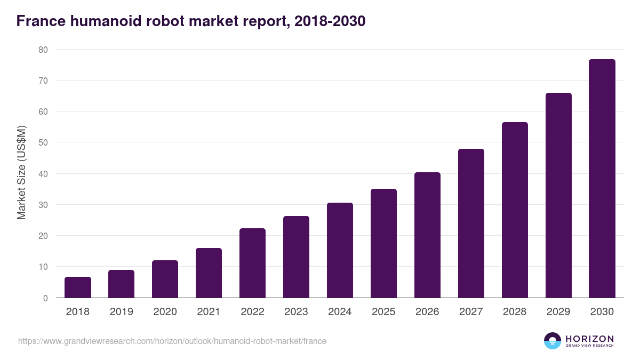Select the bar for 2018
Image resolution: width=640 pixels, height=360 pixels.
pyautogui.click(x=78, y=287)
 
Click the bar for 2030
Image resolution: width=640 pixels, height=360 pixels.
pyautogui.click(x=602, y=179)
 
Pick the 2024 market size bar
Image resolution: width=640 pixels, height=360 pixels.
pyautogui.click(x=340, y=250)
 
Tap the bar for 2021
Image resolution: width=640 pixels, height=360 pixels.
pyautogui.click(x=209, y=273)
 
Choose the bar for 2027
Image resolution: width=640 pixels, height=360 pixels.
pyautogui.click(x=471, y=223)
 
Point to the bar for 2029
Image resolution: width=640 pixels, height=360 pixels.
pyautogui.click(x=558, y=195)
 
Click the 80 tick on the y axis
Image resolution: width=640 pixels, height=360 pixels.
pyautogui.click(x=43, y=50)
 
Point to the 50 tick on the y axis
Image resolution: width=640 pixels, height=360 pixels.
pyautogui.click(x=43, y=142)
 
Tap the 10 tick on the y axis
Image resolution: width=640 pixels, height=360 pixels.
pyautogui.click(x=43, y=267)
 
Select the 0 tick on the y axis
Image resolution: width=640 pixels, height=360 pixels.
pyautogui.click(x=45, y=298)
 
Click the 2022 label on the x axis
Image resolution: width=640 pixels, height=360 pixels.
pyautogui.click(x=252, y=312)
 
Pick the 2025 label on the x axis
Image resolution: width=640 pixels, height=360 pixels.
pyautogui.click(x=383, y=312)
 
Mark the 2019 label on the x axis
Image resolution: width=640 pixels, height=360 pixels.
pyautogui.click(x=121, y=312)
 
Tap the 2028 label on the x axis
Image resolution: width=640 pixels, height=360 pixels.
pyautogui.click(x=515, y=312)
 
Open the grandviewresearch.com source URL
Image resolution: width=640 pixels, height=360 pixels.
pyautogui.click(x=172, y=341)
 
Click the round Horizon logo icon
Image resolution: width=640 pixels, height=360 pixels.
pyautogui.click(x=553, y=341)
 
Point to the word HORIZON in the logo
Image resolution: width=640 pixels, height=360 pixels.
pyautogui.click(x=590, y=339)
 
